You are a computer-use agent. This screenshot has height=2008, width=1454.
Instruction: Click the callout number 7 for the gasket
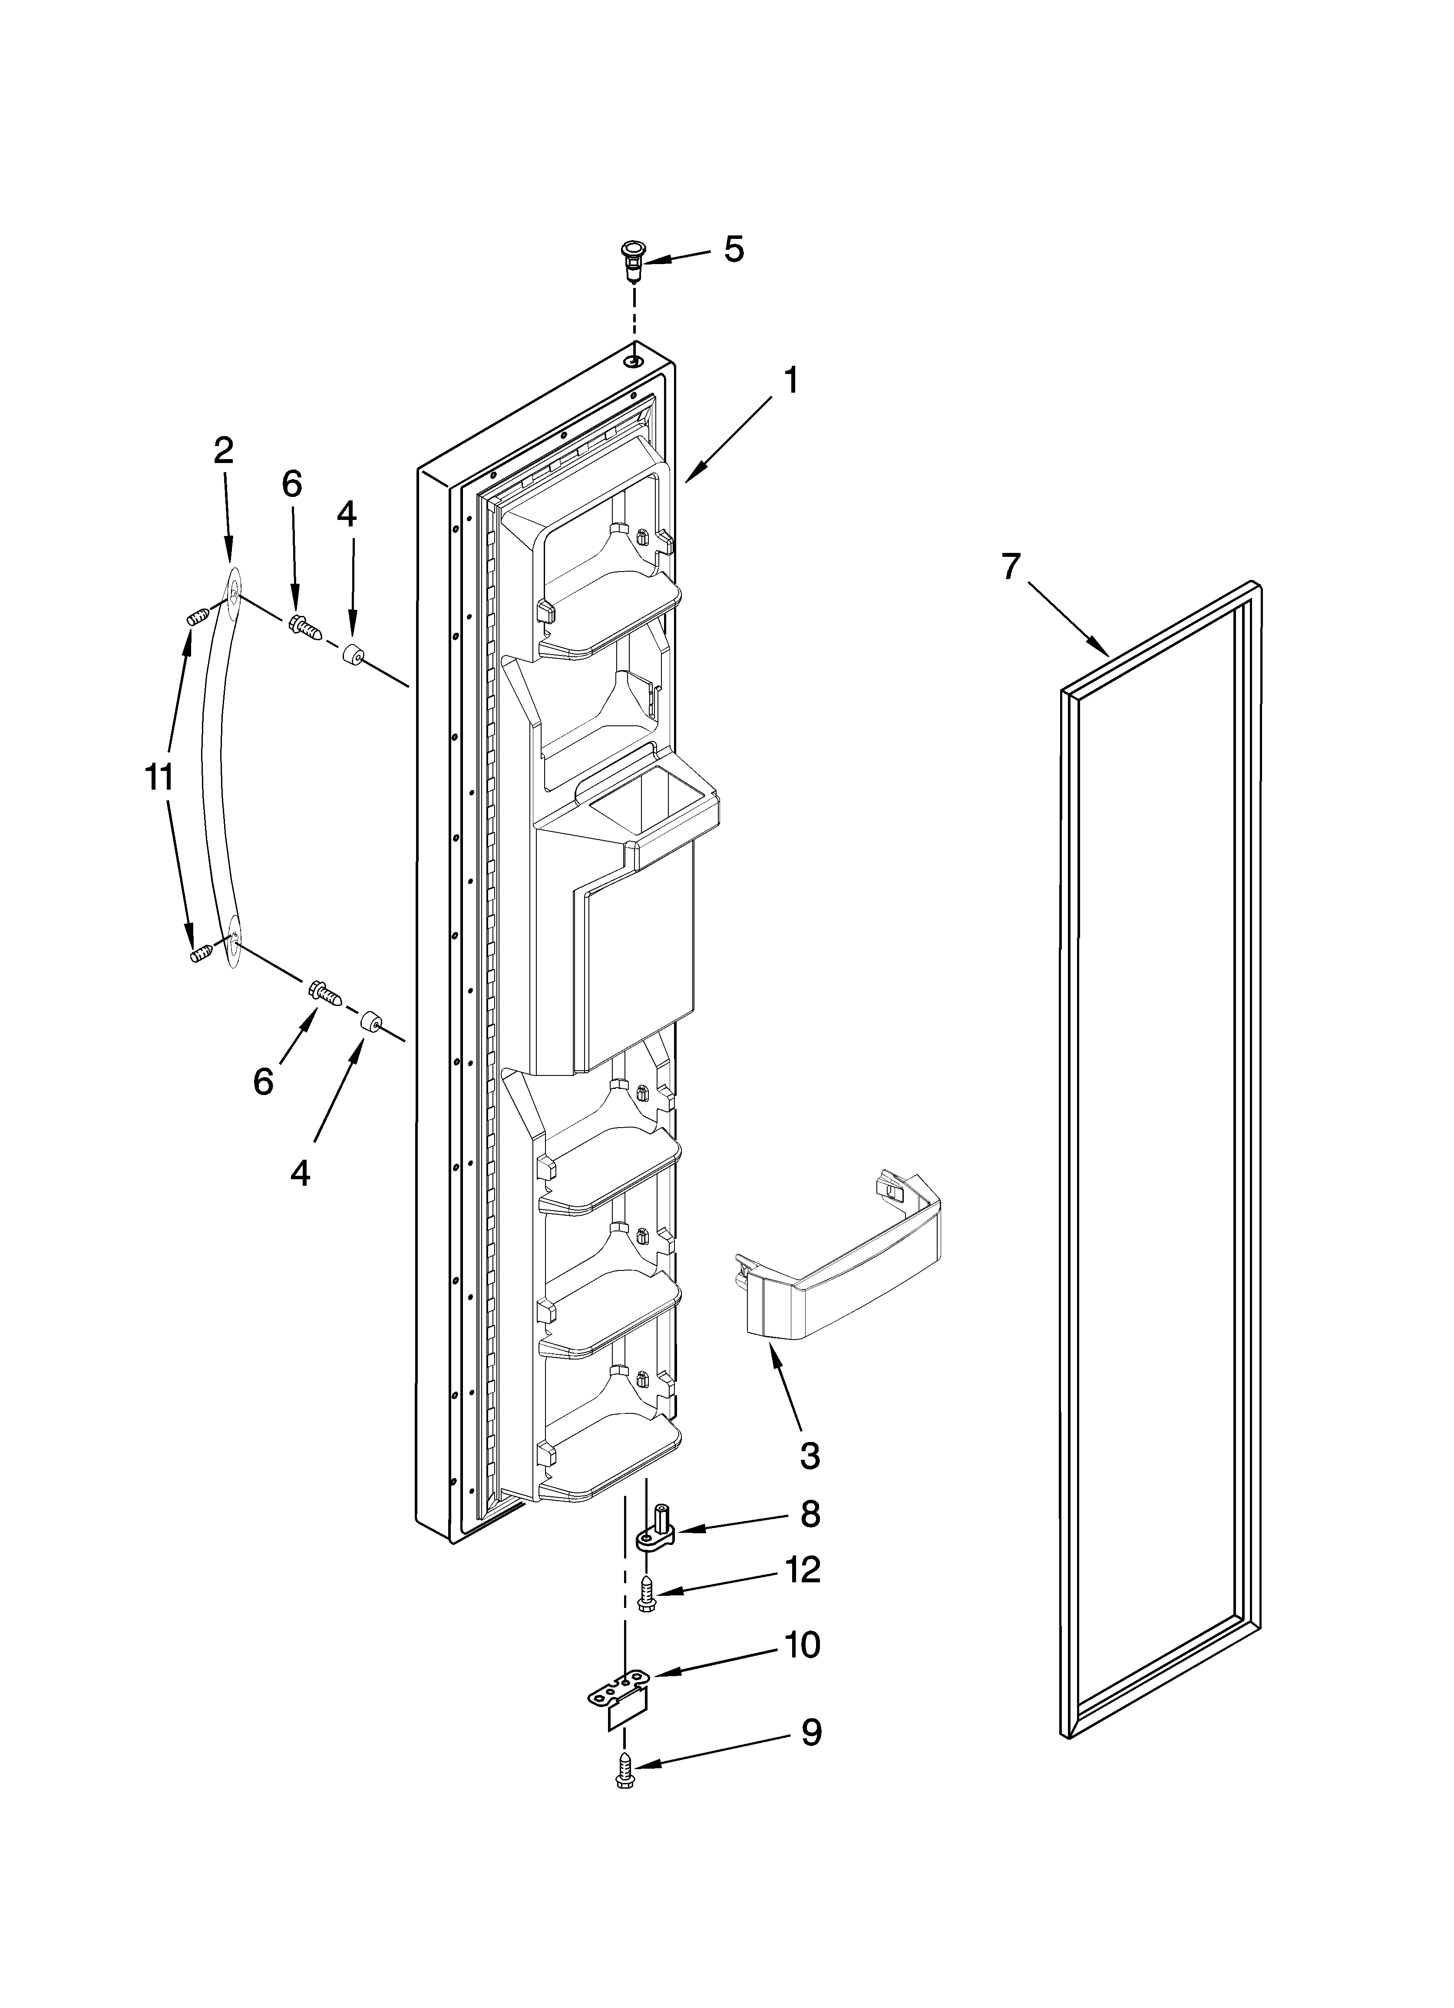[1011, 567]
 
